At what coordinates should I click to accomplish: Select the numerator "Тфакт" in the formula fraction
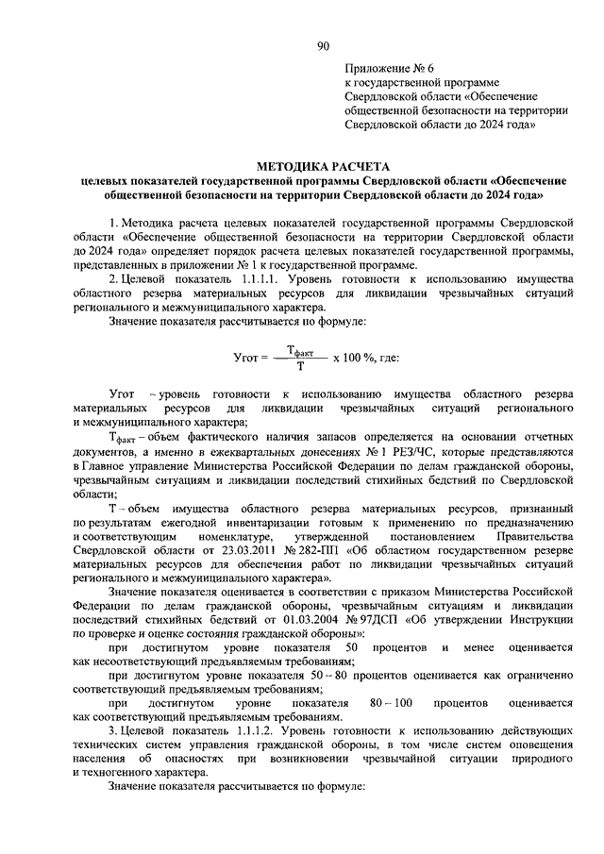(300, 349)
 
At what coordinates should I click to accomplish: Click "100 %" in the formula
(361, 358)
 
